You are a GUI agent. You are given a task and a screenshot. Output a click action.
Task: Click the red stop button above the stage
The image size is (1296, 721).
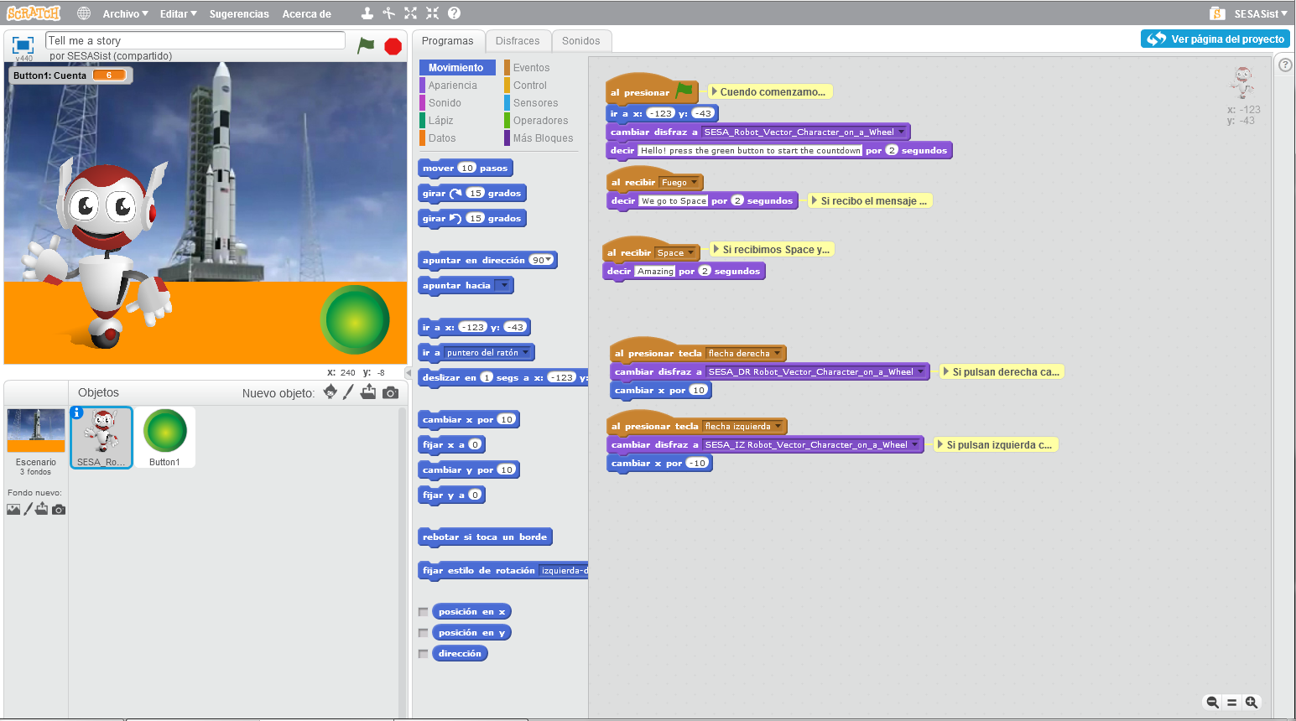point(393,46)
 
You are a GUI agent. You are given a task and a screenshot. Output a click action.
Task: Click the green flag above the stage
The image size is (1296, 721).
point(366,45)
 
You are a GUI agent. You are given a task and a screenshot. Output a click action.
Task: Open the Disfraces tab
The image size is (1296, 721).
point(517,41)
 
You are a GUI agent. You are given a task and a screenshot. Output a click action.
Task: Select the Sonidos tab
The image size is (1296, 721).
point(580,41)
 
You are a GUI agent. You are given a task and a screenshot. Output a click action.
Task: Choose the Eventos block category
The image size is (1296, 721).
point(531,68)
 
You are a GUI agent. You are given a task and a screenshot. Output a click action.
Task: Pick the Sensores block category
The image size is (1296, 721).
point(535,103)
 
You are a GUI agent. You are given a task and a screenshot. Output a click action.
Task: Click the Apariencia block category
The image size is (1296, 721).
point(452,86)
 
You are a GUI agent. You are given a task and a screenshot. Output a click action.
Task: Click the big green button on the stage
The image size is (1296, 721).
point(355,320)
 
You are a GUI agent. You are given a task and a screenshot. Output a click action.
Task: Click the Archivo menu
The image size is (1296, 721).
point(125,13)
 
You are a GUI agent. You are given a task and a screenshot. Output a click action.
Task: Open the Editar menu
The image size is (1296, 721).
point(178,13)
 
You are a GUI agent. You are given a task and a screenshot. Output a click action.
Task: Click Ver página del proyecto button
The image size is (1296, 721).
point(1215,39)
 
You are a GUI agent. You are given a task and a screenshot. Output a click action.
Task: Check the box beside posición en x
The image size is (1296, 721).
point(424,612)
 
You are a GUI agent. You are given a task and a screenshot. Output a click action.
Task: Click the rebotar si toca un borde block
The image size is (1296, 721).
point(484,537)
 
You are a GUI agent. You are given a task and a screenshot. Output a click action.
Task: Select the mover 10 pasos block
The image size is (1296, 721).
point(439,169)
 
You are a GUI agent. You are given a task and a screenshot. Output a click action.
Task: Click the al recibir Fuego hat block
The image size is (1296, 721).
point(632,182)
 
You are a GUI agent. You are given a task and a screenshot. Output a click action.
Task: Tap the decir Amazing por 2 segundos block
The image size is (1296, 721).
point(619,272)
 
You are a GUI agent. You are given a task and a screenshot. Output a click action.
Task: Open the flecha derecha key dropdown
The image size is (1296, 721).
point(778,354)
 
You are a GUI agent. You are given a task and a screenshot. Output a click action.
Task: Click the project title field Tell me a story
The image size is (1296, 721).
point(195,40)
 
